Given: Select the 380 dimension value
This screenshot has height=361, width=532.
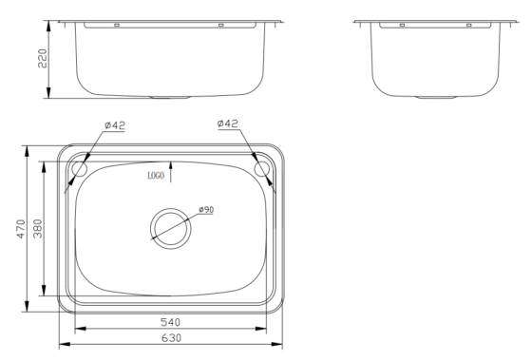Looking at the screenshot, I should click(x=35, y=229).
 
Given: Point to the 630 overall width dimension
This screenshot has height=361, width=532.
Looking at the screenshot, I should click(x=170, y=337).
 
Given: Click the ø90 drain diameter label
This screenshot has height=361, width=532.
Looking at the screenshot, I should click(x=205, y=210).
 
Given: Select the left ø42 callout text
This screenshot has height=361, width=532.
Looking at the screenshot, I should click(x=115, y=124).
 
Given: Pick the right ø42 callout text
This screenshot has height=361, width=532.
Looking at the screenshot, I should click(x=229, y=124).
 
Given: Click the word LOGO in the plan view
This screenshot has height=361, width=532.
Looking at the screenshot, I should click(x=156, y=176).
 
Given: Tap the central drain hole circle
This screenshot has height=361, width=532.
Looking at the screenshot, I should click(x=170, y=226).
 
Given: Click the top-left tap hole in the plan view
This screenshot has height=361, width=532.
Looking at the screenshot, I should click(x=79, y=169).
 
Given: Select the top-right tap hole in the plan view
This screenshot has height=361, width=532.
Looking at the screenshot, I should click(x=262, y=169).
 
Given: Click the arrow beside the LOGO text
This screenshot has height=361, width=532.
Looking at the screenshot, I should click(x=172, y=173).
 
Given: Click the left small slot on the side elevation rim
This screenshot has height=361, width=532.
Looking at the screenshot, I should click(x=402, y=25).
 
